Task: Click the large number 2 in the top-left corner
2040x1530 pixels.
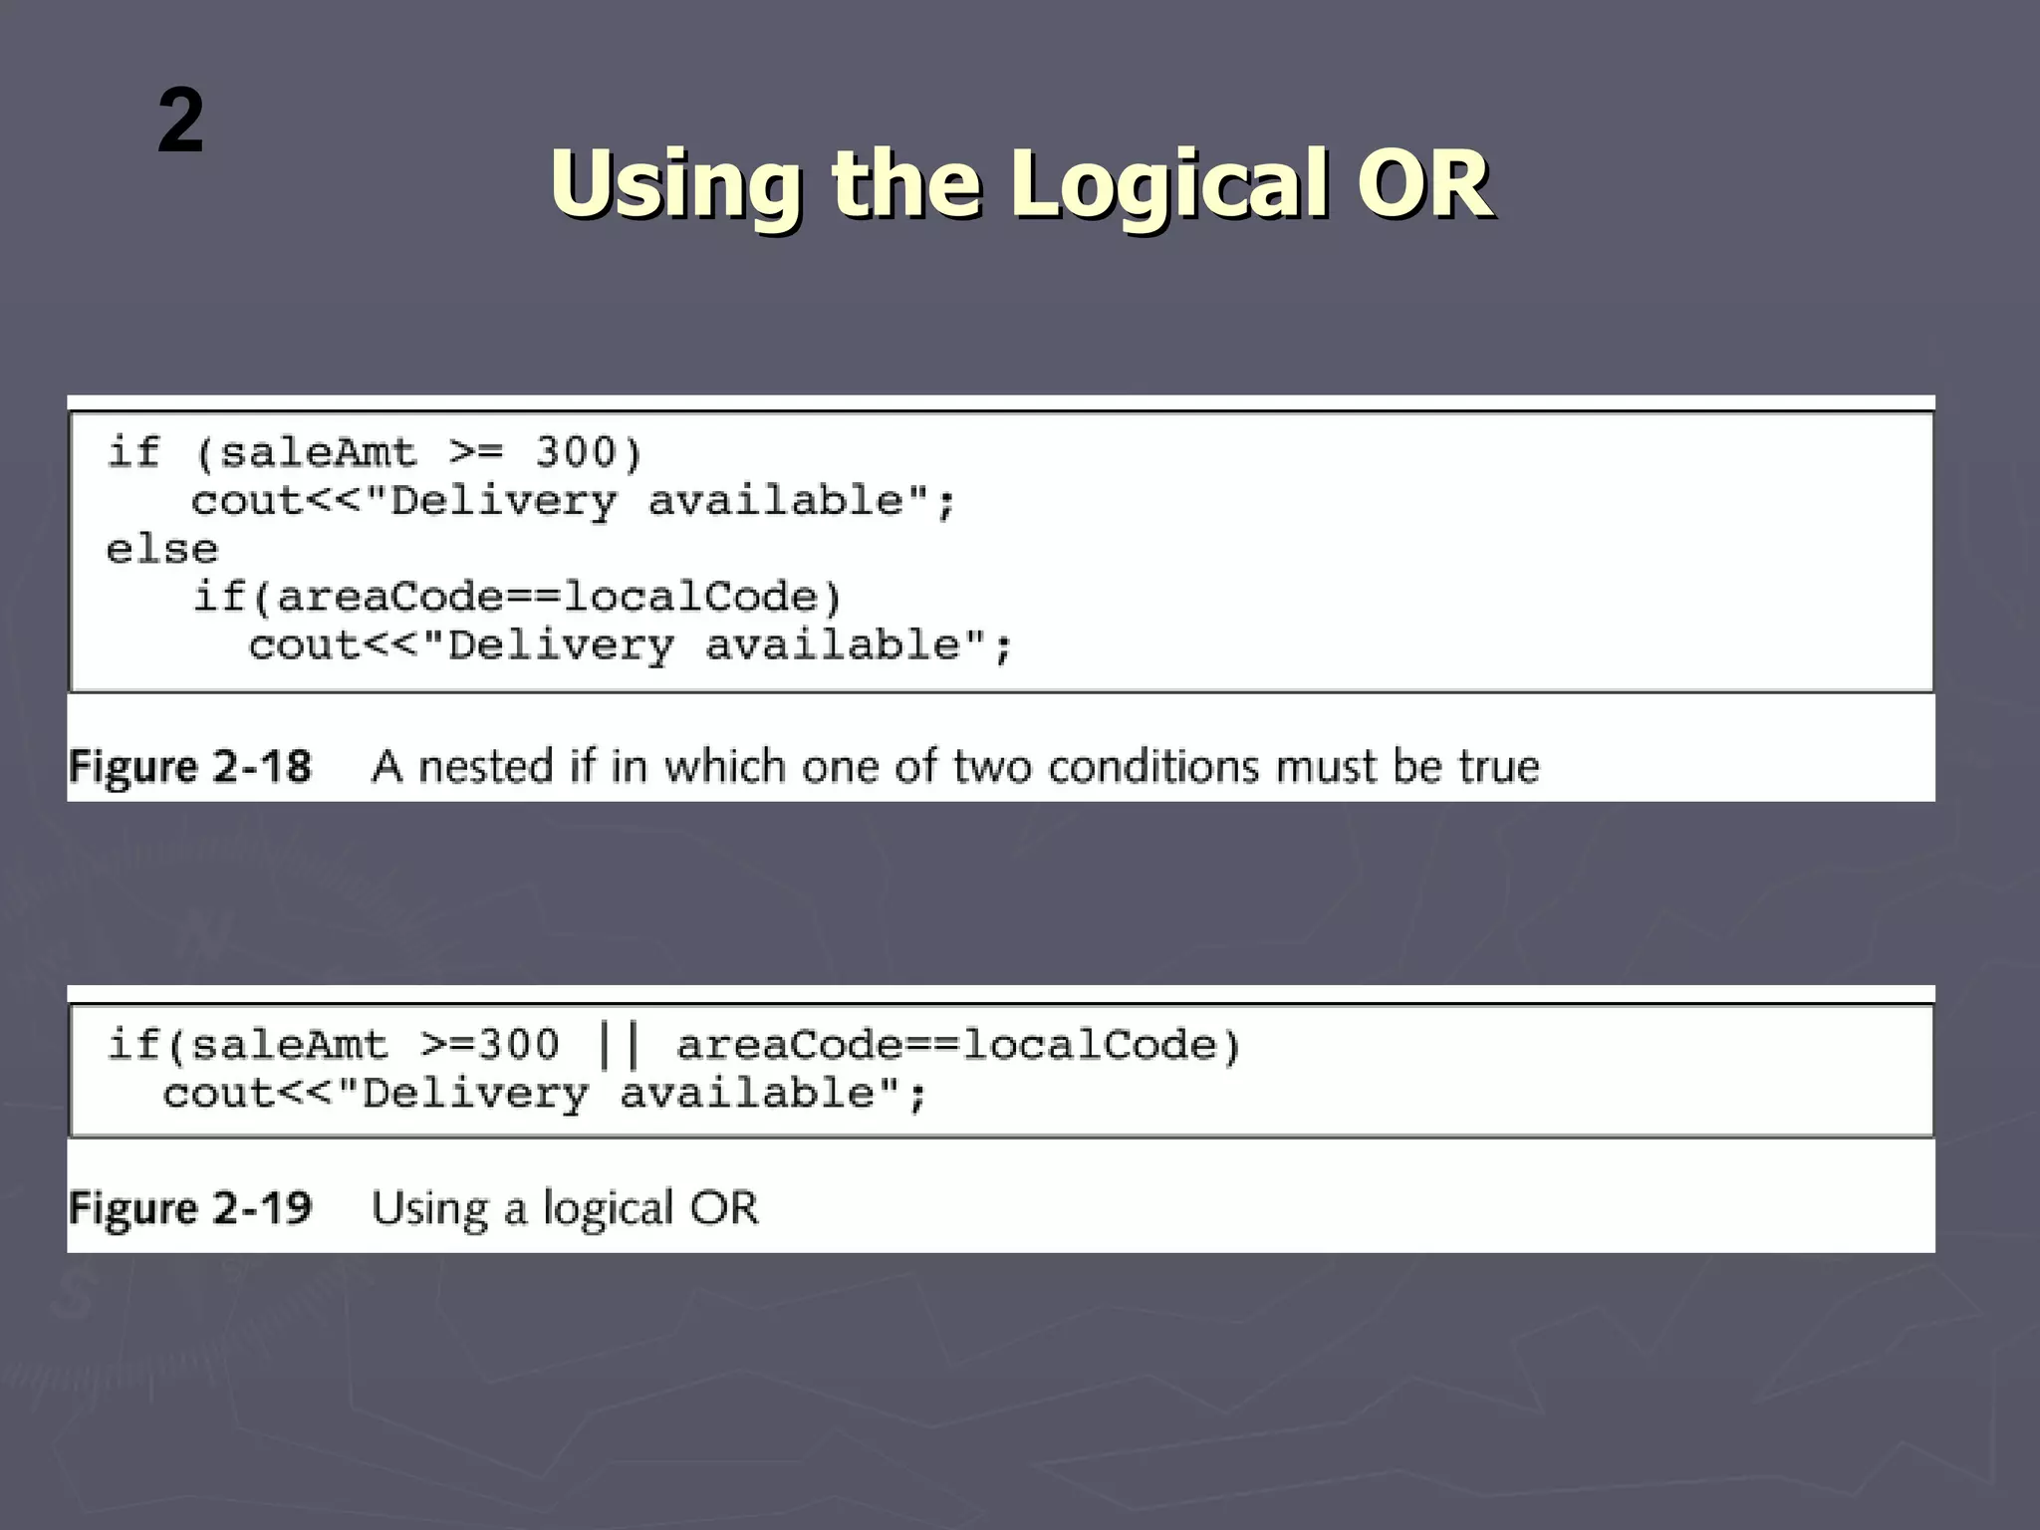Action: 180,121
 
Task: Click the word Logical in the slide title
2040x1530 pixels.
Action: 1169,185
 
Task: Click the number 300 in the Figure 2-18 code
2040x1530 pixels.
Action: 576,453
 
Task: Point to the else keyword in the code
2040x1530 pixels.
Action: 162,550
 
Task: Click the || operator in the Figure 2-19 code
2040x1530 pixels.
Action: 618,1045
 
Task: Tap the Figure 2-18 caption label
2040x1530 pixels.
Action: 190,767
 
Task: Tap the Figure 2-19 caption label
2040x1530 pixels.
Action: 190,1208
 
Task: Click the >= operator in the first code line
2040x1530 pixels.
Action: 476,453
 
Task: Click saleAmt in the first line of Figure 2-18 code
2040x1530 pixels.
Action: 318,453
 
